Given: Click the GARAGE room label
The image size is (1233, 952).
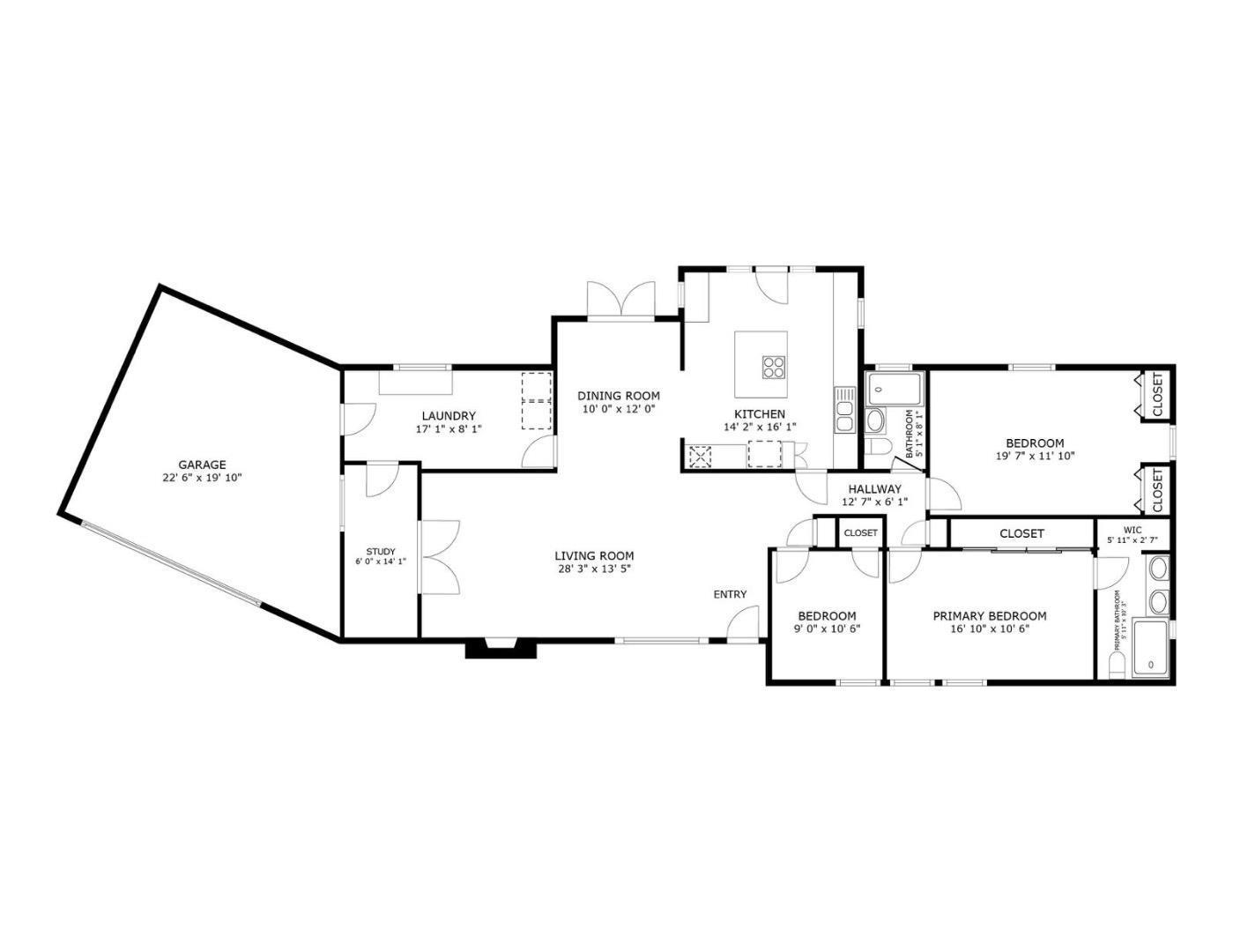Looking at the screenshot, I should [x=202, y=465].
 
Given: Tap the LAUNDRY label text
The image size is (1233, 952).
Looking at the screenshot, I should [x=448, y=416].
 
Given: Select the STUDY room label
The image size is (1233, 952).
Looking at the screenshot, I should [x=380, y=552].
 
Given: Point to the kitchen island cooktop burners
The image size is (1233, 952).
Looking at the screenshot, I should [x=774, y=366].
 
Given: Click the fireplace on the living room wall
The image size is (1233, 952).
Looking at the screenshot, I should [x=501, y=650].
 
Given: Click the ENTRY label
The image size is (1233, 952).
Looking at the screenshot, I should [x=730, y=594].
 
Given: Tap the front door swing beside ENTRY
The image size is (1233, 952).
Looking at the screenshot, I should [x=745, y=624].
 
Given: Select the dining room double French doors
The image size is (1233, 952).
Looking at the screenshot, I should [x=621, y=301].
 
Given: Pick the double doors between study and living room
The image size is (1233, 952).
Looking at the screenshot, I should [x=440, y=556].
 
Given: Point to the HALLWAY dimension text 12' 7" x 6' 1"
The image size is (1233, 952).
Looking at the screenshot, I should [x=874, y=502].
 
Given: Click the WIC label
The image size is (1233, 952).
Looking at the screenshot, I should [x=1132, y=530].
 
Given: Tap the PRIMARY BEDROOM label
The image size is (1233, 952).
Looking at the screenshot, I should [x=990, y=616].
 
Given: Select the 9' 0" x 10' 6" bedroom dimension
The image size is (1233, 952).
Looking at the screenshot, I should [x=827, y=629].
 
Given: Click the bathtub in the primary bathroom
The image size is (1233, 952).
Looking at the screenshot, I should [x=1150, y=651].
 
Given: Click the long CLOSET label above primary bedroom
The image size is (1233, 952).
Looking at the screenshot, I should [x=1021, y=533].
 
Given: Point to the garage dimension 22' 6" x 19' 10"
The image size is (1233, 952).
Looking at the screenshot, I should [x=202, y=478].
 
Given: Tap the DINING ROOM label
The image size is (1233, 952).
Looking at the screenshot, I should [x=618, y=396].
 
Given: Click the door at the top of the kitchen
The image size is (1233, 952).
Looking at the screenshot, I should [x=772, y=285].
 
